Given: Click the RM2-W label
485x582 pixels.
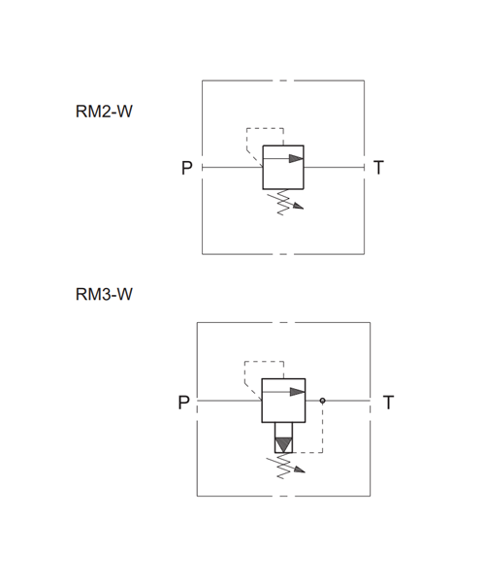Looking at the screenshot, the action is tap(104, 112).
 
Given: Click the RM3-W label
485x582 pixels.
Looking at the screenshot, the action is tap(104, 294).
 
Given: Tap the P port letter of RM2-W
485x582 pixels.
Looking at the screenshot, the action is tap(187, 168).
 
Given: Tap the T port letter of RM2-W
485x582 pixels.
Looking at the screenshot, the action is tap(378, 168).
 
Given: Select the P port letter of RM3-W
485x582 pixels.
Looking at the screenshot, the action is tap(184, 403).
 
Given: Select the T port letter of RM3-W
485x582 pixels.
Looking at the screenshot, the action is tap(388, 403).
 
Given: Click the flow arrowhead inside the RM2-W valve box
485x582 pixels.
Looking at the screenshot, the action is tap(296, 158).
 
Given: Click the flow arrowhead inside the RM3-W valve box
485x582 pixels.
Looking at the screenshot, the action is tap(298, 392).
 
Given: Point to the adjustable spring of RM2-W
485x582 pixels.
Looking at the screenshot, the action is tap(283, 203).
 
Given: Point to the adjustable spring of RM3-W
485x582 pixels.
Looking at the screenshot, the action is tap(284, 467).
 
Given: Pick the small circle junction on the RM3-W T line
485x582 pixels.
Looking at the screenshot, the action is tap(322, 401).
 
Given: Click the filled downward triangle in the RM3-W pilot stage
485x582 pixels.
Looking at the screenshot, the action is tap(283, 444).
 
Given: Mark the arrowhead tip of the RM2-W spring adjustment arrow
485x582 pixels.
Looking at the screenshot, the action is tap(304, 209).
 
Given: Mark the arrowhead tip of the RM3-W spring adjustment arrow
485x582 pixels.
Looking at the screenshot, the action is tap(305, 472).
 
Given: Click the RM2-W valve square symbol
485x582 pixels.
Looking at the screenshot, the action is tap(283, 168).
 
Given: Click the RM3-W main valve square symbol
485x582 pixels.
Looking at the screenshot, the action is tap(283, 401).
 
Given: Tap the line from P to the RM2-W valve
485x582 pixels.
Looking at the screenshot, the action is tap(232, 168).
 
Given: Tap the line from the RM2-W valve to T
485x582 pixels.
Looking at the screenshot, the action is tap(334, 168).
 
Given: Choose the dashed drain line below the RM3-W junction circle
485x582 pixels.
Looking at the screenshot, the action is tap(322, 428).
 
